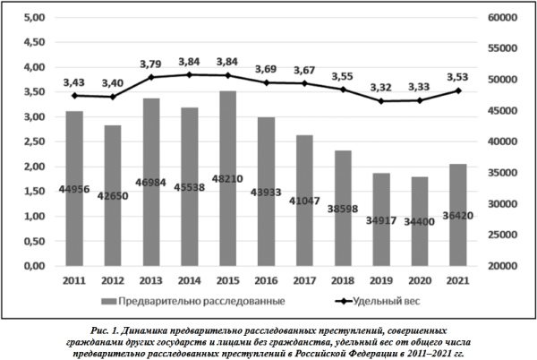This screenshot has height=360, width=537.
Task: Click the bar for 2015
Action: pyautogui.click(x=227, y=178)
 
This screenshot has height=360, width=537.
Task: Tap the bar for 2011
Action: pyautogui.click(x=74, y=188)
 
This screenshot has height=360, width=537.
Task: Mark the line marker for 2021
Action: pyautogui.click(x=457, y=90)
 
